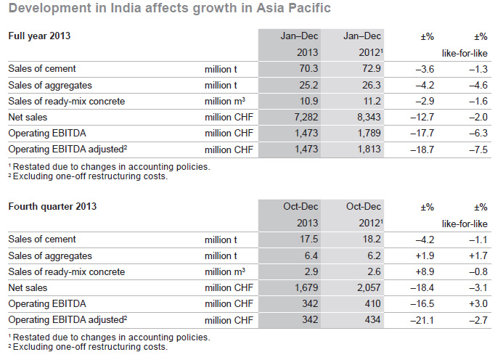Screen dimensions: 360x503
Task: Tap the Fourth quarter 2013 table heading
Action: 52,207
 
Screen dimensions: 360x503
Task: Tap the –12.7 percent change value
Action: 421,117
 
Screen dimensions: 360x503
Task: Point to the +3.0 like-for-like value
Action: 475,303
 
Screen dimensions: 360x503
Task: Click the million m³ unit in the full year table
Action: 224,101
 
